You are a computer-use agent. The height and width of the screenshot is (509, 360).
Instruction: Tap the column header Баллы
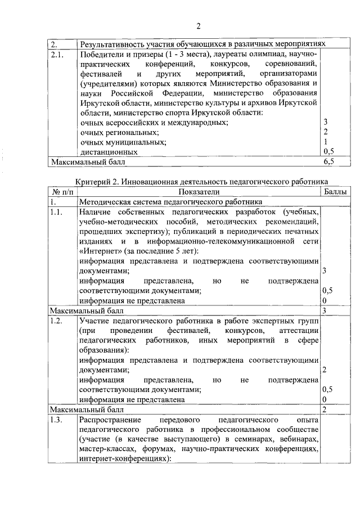click(336, 191)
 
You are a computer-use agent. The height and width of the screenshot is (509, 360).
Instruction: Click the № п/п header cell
click(60, 191)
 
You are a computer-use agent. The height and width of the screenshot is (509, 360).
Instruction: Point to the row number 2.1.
click(58, 55)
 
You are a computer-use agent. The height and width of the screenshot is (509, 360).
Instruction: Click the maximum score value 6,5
click(328, 161)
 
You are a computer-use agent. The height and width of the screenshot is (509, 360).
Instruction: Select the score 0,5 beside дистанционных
click(328, 151)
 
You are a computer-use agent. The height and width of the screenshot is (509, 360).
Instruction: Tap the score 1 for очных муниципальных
click(326, 142)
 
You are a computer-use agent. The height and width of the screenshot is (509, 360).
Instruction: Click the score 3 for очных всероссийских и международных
click(326, 121)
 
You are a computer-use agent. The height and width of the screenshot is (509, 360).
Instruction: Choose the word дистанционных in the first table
click(109, 152)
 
